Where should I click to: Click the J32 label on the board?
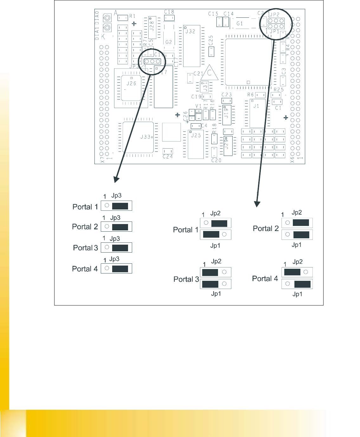click(x=190, y=31)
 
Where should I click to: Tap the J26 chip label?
click(x=131, y=84)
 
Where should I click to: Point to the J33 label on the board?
click(x=145, y=137)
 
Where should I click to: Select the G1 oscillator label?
click(x=240, y=24)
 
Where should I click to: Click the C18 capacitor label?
click(x=169, y=12)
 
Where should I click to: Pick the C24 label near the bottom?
click(x=168, y=157)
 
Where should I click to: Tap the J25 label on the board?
click(x=196, y=135)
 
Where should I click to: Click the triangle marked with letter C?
click(x=209, y=74)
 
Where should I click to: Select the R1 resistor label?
click(x=132, y=16)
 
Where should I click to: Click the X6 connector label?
click(x=292, y=159)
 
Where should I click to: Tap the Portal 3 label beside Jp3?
click(x=86, y=248)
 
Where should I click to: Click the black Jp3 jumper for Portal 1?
click(x=120, y=206)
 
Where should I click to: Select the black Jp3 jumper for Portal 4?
click(x=120, y=269)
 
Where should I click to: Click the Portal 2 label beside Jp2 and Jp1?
click(x=266, y=228)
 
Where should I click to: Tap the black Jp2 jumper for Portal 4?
click(x=292, y=272)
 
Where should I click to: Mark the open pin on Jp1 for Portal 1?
click(x=224, y=235)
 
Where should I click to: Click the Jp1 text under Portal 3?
click(x=216, y=294)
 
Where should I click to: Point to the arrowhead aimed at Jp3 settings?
click(x=117, y=179)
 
